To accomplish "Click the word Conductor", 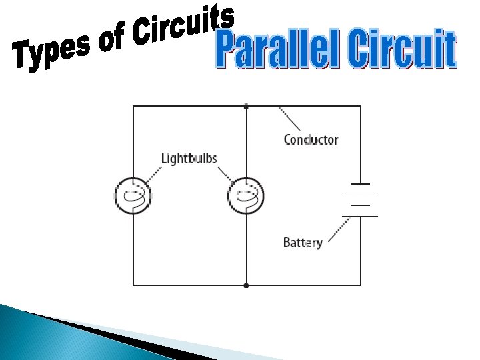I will click(311, 140).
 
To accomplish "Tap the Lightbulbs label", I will click(189, 159).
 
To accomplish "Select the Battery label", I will click(303, 242).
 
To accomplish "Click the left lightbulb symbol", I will click(133, 196).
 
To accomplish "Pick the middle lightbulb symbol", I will click(246, 196).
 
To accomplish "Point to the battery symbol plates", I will click(360, 200).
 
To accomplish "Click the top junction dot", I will click(247, 106).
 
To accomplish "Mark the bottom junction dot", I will click(247, 285).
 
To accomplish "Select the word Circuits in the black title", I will click(184, 23).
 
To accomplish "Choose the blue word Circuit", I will click(403, 50).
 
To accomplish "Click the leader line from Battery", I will click(337, 231).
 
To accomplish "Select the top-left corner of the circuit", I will click(133, 106).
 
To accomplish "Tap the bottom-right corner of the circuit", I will click(360, 285).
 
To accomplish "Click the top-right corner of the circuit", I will click(360, 106).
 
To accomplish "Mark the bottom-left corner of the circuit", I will click(133, 285).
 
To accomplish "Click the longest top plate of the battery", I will click(360, 183).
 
